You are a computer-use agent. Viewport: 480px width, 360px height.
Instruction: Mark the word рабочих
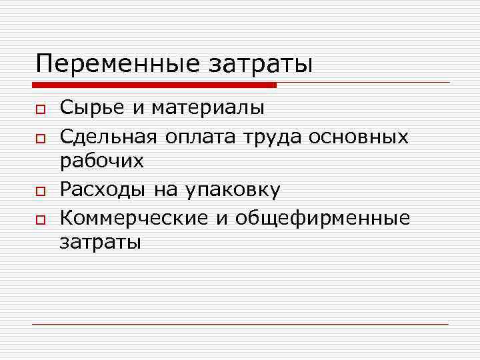tap(102, 161)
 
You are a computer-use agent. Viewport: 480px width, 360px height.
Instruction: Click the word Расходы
tap(104, 190)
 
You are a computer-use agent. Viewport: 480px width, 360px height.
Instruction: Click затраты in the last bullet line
tap(101, 243)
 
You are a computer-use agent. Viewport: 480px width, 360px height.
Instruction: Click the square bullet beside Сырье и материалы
tap(40, 108)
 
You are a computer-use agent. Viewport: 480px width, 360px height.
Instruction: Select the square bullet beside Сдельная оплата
tap(40, 137)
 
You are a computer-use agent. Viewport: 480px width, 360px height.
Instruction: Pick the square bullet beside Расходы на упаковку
tap(40, 191)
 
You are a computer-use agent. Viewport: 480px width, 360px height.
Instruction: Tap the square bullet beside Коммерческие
tap(40, 219)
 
